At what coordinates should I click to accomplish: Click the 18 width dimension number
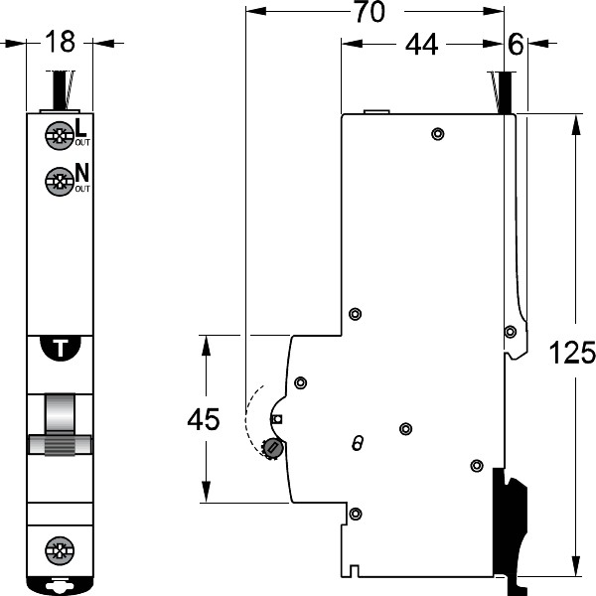[60, 43]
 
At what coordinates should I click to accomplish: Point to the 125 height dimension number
[573, 353]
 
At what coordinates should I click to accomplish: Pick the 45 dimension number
[205, 420]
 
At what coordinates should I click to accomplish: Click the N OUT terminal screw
[59, 182]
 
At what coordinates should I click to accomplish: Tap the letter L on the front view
[80, 127]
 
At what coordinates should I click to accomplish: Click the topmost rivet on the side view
[437, 134]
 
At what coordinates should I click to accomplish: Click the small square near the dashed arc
[277, 419]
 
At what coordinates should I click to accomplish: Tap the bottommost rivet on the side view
[356, 514]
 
